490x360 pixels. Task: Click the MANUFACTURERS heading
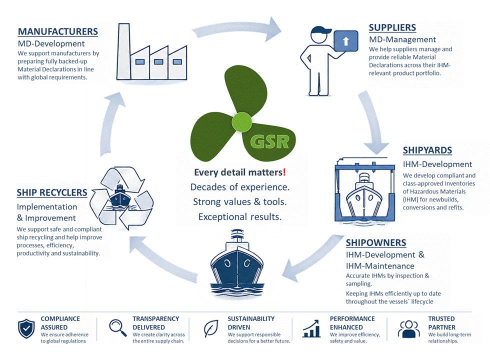58,31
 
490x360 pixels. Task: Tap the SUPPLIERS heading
392,27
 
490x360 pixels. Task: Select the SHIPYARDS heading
427,150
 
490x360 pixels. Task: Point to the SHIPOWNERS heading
376,242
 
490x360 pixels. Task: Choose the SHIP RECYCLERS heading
52,192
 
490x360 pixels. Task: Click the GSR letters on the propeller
270,142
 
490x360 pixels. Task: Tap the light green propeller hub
241,122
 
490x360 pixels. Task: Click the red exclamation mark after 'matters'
284,172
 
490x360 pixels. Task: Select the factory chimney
124,51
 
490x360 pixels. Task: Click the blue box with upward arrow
346,41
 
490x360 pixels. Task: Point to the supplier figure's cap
321,30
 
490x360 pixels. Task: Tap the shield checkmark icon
26,328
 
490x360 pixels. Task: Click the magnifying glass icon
118,327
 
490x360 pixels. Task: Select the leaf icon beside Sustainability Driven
211,328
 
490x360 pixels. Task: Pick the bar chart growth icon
311,328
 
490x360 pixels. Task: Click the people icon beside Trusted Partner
409,329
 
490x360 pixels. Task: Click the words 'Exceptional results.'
240,217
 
